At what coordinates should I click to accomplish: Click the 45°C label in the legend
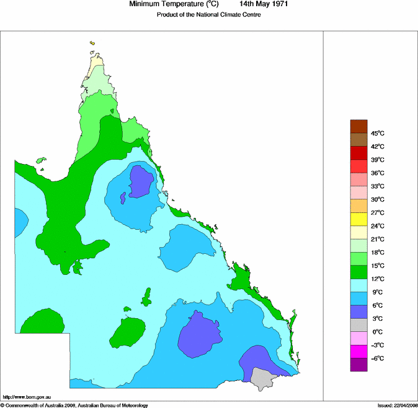pos(378,133)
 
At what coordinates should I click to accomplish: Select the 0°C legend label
pos(377,332)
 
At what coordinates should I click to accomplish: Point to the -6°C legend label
pos(378,358)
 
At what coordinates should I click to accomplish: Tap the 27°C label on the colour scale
pos(378,212)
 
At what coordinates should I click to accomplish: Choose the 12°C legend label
pos(378,279)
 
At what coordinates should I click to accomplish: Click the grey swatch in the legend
pos(359,325)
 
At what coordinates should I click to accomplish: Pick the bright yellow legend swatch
pos(359,219)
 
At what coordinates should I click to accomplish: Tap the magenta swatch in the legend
pos(359,352)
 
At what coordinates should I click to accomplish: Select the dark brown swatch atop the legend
pos(359,126)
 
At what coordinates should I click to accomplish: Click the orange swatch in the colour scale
pos(359,206)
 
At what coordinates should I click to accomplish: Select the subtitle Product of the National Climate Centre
pos(208,15)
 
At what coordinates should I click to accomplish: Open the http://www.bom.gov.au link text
pos(26,397)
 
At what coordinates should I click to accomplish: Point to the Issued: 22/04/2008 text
pos(397,405)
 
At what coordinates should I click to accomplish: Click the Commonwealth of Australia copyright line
pos(74,405)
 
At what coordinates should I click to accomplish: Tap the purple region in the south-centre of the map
pos(200,336)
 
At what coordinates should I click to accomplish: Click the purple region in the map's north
pos(140,182)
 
